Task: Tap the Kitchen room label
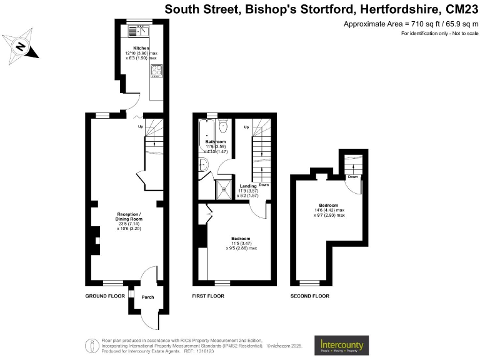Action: click(141, 48)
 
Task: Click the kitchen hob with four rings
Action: click(156, 72)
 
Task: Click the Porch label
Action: click(147, 297)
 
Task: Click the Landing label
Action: click(248, 186)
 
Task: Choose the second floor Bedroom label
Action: click(329, 206)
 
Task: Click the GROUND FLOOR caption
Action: click(104, 296)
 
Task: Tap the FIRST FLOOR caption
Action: click(207, 296)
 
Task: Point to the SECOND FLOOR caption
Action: click(310, 296)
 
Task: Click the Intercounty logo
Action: click(341, 345)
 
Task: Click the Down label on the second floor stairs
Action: click(352, 177)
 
